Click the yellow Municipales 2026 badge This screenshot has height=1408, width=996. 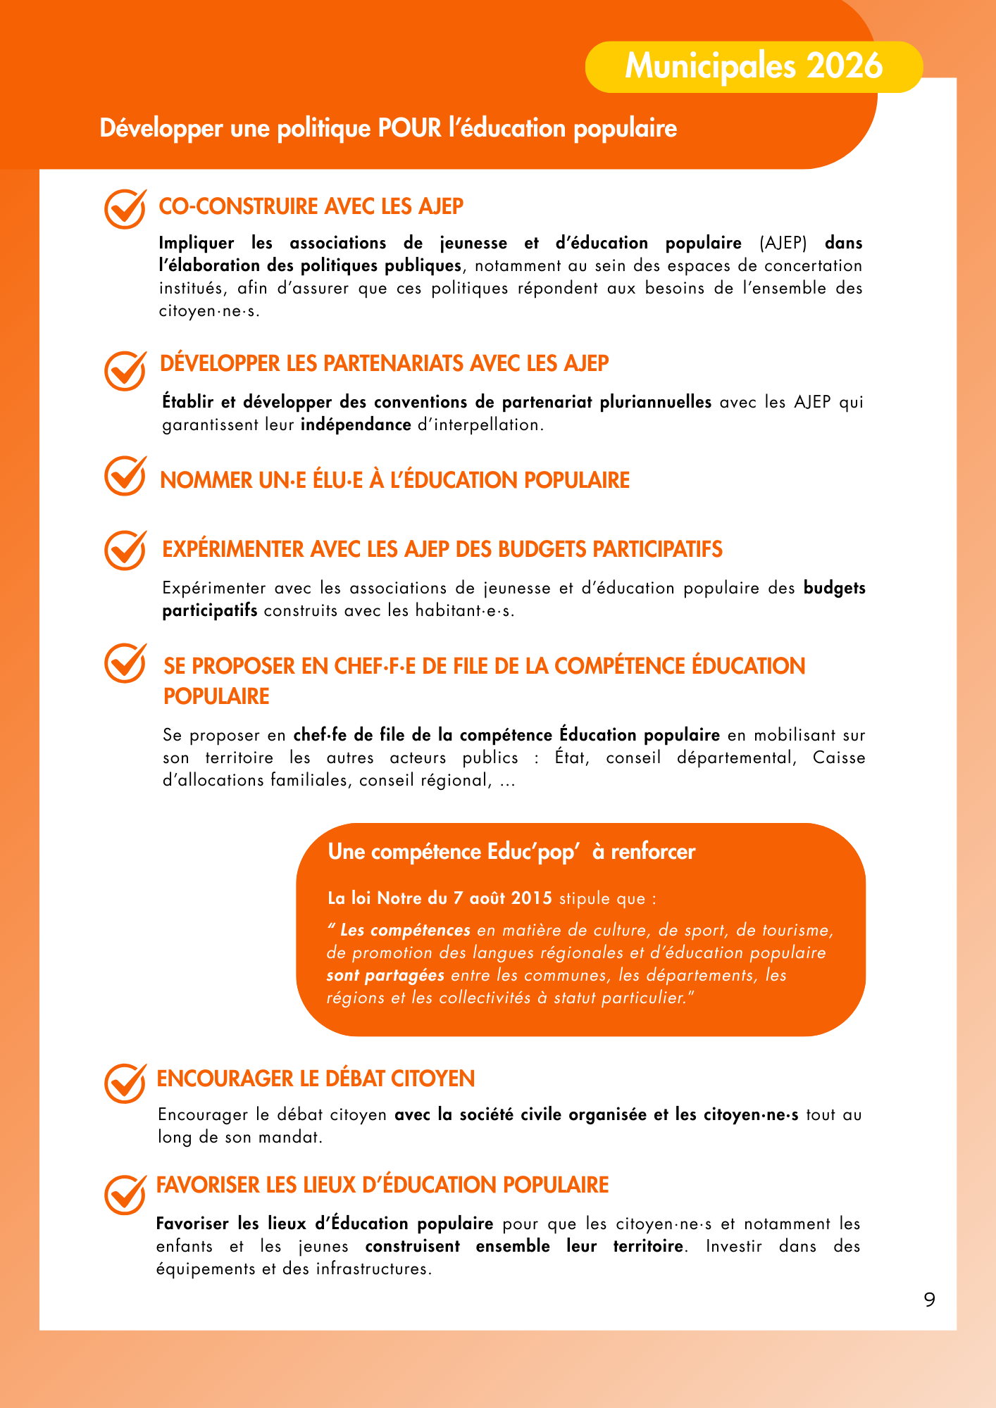(x=754, y=67)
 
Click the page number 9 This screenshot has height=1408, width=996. (x=930, y=1299)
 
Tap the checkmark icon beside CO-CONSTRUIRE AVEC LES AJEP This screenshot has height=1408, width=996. (x=125, y=208)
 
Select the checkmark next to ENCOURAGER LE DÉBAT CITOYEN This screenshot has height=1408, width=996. (x=125, y=1083)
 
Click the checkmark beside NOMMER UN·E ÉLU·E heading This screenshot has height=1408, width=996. (x=125, y=476)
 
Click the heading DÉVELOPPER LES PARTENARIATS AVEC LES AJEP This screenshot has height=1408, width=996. (x=384, y=363)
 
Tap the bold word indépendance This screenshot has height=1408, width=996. (x=356, y=425)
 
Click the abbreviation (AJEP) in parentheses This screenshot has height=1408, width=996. (x=783, y=243)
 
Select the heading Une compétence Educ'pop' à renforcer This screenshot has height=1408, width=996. (x=511, y=852)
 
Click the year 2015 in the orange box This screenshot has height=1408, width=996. (x=532, y=898)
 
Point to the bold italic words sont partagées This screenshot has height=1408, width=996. (x=385, y=975)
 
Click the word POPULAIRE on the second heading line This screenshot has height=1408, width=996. (x=216, y=696)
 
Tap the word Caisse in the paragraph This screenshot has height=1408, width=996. (x=838, y=758)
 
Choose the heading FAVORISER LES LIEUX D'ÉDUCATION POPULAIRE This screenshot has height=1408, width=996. (x=382, y=1185)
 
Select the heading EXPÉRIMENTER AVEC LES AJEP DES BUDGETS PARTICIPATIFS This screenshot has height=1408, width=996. (x=442, y=549)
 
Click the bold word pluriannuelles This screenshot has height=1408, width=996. (x=655, y=402)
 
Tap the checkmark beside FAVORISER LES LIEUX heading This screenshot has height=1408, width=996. (x=125, y=1194)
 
